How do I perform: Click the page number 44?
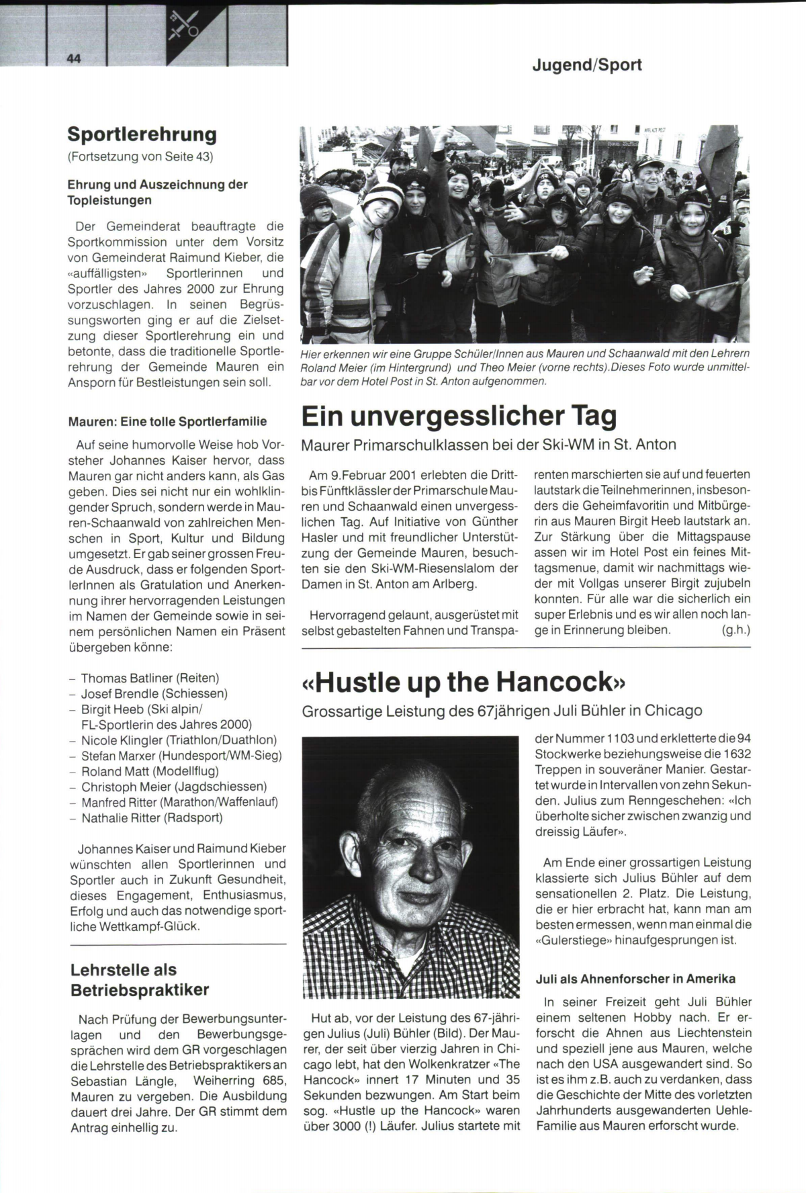pos(74,58)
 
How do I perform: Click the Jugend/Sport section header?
pos(587,65)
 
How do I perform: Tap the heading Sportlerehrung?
pos(142,134)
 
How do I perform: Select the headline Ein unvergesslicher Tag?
pos(459,416)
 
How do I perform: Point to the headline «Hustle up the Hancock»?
pos(464,682)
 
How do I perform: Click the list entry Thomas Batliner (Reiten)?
pos(150,678)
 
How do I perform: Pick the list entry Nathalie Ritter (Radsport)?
pos(152,818)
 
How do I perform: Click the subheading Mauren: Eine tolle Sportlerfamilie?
pos(167,422)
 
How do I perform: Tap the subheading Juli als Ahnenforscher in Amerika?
pos(635,979)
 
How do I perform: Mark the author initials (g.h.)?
pos(735,630)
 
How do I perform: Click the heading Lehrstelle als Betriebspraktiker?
pos(140,979)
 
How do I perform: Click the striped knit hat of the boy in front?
pos(384,195)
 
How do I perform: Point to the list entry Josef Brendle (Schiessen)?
pos(154,694)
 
